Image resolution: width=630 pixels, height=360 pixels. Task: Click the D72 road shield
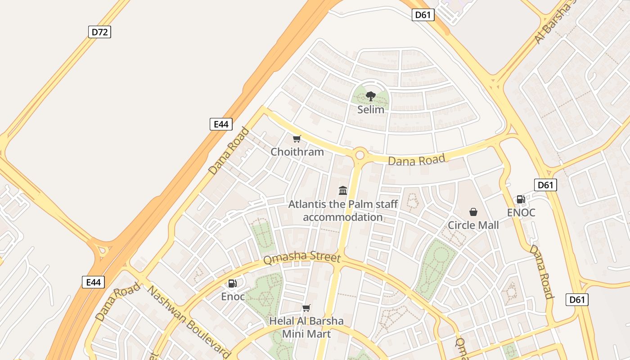coord(99,32)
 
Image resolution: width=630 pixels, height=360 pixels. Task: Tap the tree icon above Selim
coord(370,96)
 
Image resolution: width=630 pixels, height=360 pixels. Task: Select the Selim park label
coord(371,109)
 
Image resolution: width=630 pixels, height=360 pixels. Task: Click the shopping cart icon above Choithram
coord(297,139)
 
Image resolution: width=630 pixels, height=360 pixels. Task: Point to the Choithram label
coord(297,152)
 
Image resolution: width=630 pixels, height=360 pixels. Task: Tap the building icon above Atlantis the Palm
coord(343,190)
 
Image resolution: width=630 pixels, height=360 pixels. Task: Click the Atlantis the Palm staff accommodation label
coord(343,211)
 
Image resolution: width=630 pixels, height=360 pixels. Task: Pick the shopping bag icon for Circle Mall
coord(473,211)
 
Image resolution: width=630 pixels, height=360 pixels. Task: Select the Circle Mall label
coord(473,225)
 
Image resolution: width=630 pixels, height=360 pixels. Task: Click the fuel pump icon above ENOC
coord(521,199)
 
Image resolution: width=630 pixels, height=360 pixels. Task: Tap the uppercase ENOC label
coord(521,212)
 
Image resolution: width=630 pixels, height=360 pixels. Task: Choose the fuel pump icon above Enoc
coord(233,283)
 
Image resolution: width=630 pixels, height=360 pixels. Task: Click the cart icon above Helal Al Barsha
coord(306,308)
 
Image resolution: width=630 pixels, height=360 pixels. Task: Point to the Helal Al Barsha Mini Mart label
coord(306,327)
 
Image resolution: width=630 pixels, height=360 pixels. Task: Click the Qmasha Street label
coord(302,257)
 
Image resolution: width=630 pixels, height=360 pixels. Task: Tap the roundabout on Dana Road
coord(360,155)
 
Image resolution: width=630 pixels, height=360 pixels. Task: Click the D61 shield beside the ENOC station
coord(545,185)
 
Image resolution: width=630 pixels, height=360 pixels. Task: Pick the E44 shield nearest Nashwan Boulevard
coord(94,282)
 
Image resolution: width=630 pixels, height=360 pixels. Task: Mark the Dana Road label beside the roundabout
coord(416,159)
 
